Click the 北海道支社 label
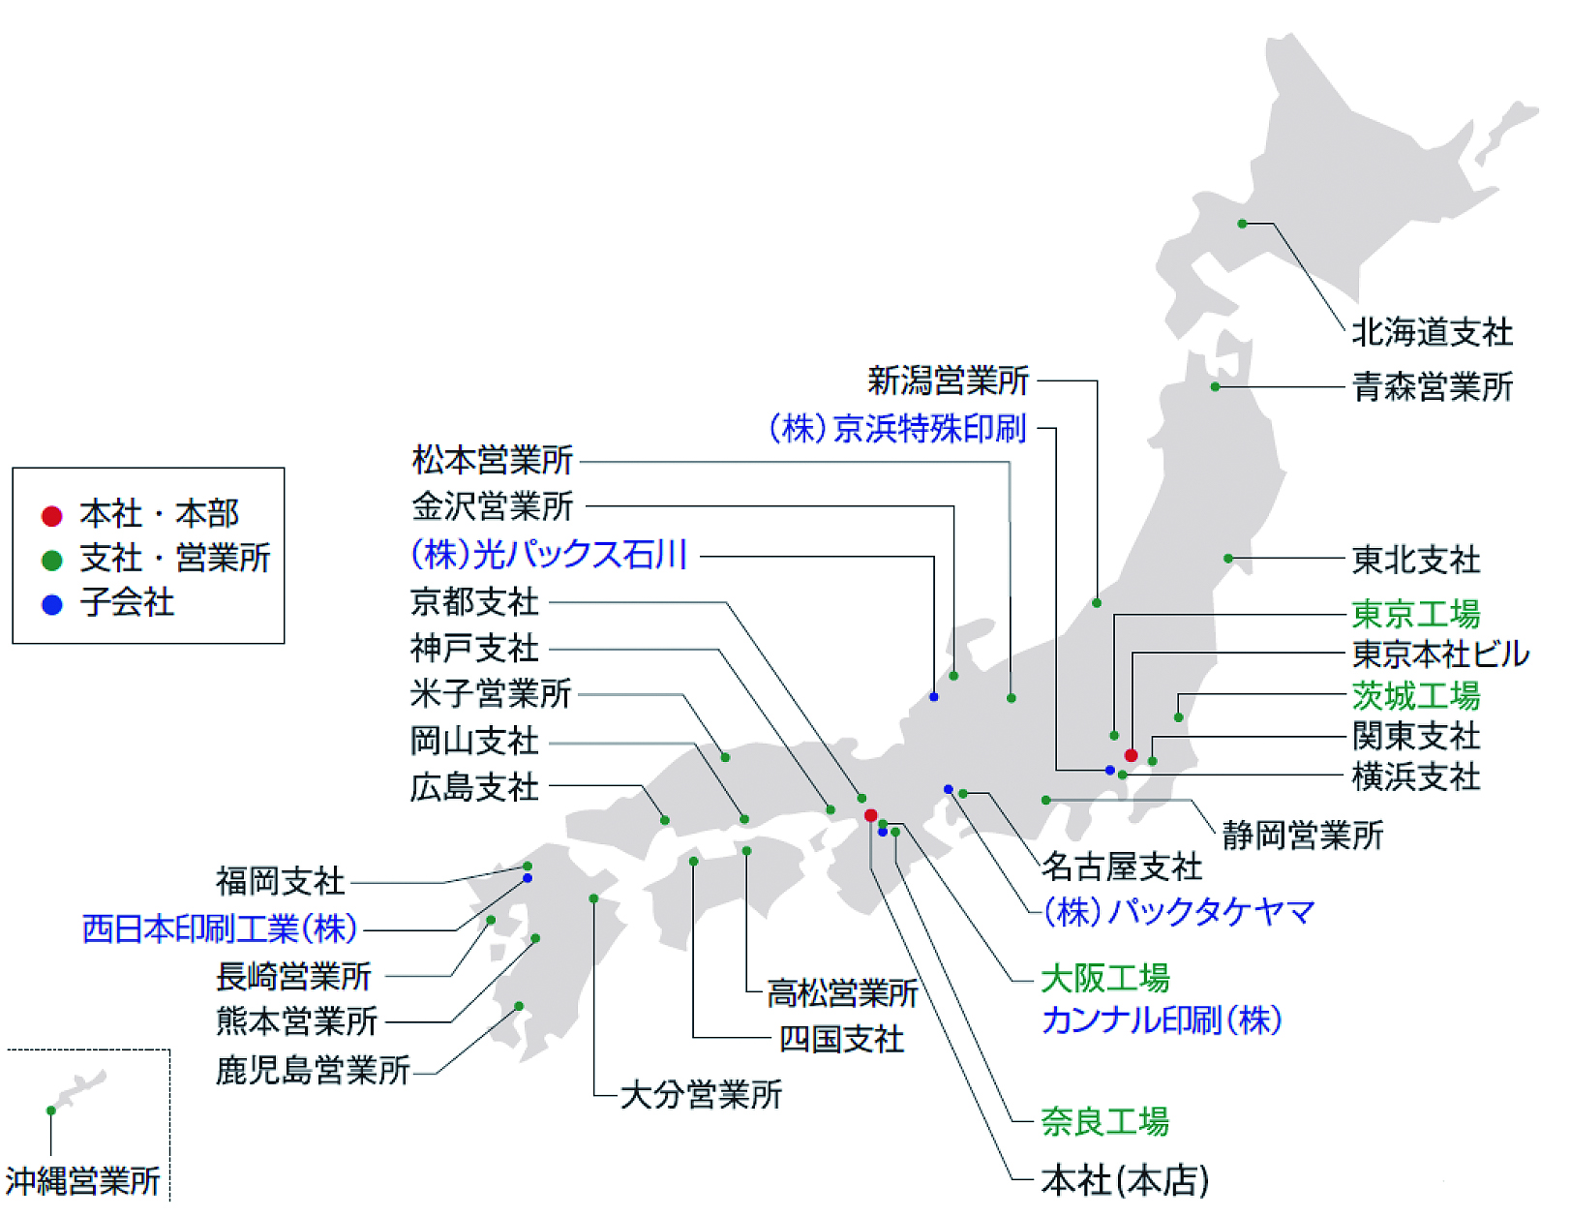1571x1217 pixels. tap(1432, 332)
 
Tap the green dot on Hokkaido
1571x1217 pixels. tap(1241, 224)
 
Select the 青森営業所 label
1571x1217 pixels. tap(1432, 386)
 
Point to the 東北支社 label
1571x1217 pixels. tap(1415, 559)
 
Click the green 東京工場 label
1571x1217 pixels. tap(1415, 614)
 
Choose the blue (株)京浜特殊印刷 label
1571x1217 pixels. tap(896, 427)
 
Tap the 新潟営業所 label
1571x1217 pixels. tap(948, 380)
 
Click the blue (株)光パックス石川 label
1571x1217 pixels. tap(549, 555)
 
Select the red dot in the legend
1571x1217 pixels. tap(52, 516)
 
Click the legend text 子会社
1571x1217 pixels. tap(127, 601)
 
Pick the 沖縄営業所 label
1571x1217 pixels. tap(82, 1181)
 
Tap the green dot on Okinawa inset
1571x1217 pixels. tap(50, 1110)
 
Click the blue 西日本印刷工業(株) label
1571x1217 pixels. tap(219, 928)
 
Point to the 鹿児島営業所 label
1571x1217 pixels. tap(313, 1070)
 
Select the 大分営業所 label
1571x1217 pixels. tap(701, 1094)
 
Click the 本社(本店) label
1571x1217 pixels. tap(1125, 1179)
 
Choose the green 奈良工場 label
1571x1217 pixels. tap(1104, 1121)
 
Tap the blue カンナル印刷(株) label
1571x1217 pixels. tap(1162, 1019)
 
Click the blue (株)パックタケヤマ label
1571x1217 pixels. tap(1178, 911)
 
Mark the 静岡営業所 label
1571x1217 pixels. tap(1302, 836)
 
